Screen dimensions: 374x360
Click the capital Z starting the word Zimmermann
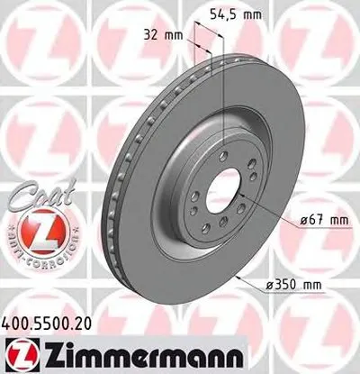tap(42, 352)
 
